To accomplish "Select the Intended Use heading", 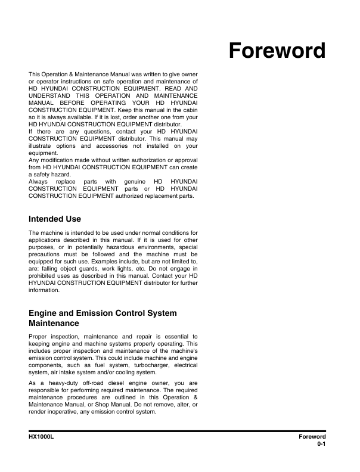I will (x=55, y=219).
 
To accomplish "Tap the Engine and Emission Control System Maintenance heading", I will (x=103, y=318).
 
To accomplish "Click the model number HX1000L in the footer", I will (x=42, y=437).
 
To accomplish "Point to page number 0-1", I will (x=321, y=444).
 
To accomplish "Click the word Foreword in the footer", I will (x=312, y=437).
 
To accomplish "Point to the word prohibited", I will (x=43, y=276).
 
